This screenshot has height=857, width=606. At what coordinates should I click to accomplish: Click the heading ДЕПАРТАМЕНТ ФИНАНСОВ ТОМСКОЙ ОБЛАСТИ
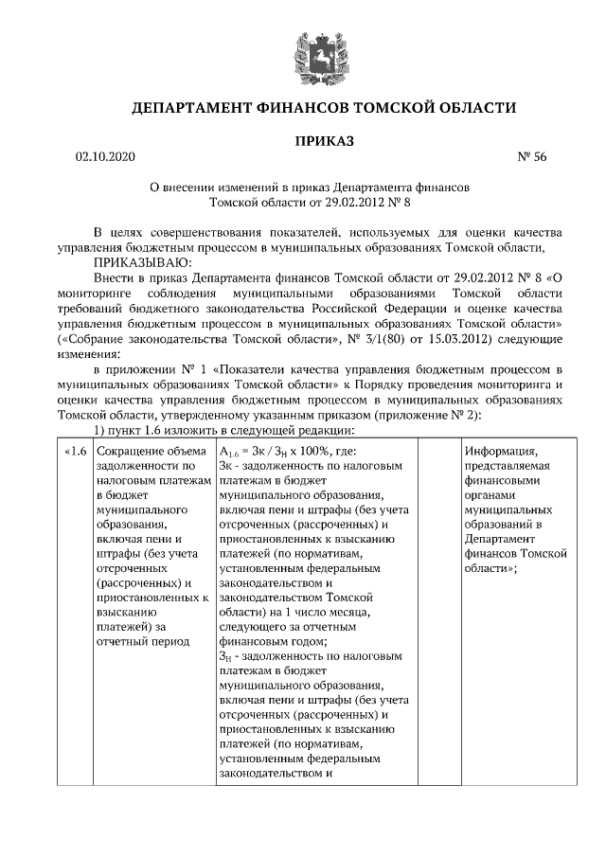tap(322, 108)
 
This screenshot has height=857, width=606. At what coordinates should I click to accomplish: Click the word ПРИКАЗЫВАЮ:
tap(141, 261)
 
